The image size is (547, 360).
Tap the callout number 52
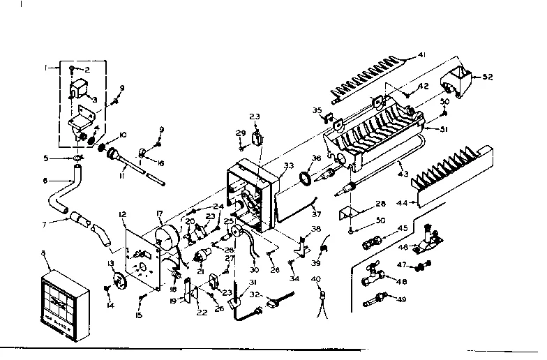pyautogui.click(x=488, y=77)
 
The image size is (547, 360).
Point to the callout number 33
pyautogui.click(x=289, y=165)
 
